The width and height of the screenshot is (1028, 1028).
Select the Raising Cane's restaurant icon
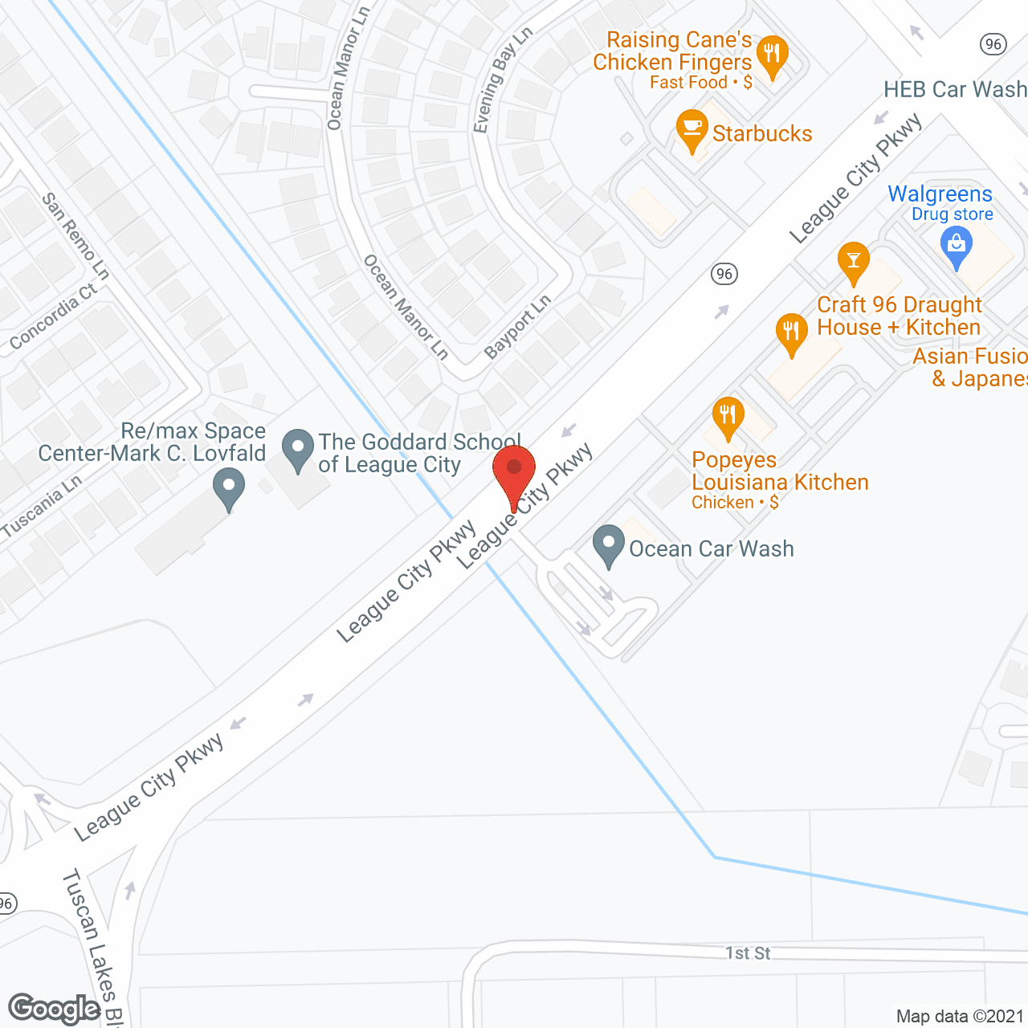(772, 55)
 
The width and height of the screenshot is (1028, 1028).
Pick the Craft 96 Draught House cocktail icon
(853, 261)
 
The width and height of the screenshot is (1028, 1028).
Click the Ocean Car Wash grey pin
(608, 545)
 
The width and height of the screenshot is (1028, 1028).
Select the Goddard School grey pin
(298, 449)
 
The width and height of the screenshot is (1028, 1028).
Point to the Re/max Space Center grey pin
(229, 488)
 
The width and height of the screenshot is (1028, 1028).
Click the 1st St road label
(748, 953)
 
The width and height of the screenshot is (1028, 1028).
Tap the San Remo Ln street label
(75, 236)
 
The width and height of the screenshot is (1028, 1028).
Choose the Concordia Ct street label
(53, 318)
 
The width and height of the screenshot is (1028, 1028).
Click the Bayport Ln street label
(518, 327)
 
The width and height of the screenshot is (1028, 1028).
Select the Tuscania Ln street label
(42, 506)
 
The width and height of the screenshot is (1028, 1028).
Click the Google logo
(55, 1009)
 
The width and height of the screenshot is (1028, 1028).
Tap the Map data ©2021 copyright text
(960, 1016)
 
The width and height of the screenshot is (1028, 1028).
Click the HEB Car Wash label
(955, 89)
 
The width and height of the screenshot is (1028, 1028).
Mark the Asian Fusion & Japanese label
(970, 367)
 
